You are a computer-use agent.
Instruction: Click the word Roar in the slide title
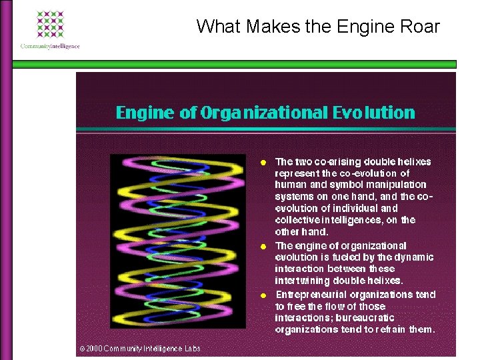coord(421,27)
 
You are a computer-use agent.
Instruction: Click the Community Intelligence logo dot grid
coord(50,25)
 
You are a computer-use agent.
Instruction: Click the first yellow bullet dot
coord(264,162)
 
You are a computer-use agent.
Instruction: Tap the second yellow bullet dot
coord(264,247)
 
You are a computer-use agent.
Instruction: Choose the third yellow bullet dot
coord(264,295)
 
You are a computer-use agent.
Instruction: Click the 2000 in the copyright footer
coord(94,349)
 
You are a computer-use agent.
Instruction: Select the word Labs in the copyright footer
coord(191,349)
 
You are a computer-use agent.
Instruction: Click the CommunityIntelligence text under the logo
coord(50,47)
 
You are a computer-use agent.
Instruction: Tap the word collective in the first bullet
coord(294,220)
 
